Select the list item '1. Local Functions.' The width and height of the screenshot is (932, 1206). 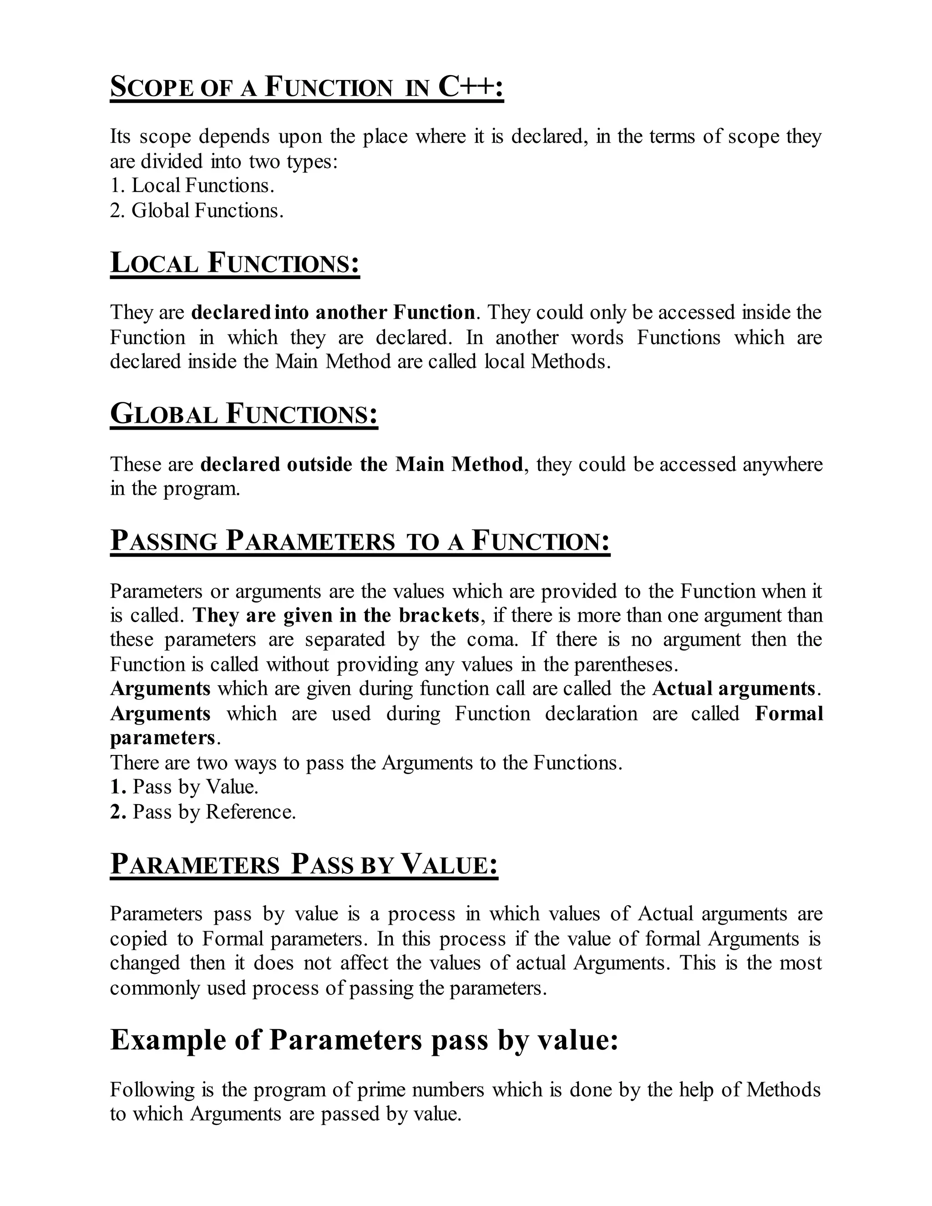[192, 186]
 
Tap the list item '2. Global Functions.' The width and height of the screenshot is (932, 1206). [197, 210]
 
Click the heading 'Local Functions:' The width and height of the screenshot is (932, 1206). [235, 263]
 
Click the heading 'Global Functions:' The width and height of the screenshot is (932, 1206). [244, 414]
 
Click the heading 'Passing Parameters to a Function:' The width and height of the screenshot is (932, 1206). [360, 541]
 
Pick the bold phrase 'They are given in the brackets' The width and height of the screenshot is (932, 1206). [336, 616]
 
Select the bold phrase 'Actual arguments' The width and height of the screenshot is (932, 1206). [734, 689]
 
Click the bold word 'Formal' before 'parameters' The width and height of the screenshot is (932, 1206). [789, 714]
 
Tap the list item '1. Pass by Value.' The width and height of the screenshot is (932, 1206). [184, 787]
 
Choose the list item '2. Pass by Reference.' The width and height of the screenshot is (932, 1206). [203, 812]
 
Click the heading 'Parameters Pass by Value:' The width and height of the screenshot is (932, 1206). [304, 865]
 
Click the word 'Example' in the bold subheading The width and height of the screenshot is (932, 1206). [168, 1040]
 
